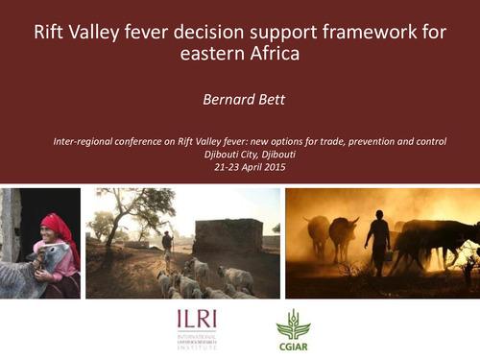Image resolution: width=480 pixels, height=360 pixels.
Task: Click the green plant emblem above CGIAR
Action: click(x=294, y=323)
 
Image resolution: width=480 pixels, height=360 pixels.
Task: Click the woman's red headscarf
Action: click(x=57, y=227)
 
